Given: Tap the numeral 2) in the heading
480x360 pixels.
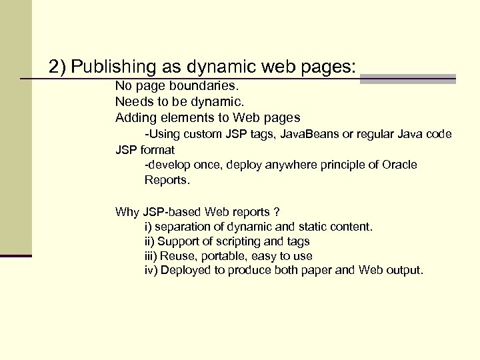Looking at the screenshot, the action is (58, 67).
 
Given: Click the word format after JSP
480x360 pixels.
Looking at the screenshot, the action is (157, 150).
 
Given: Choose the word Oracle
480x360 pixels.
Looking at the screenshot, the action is (400, 165).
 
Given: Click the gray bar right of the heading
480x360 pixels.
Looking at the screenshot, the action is (407, 78).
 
